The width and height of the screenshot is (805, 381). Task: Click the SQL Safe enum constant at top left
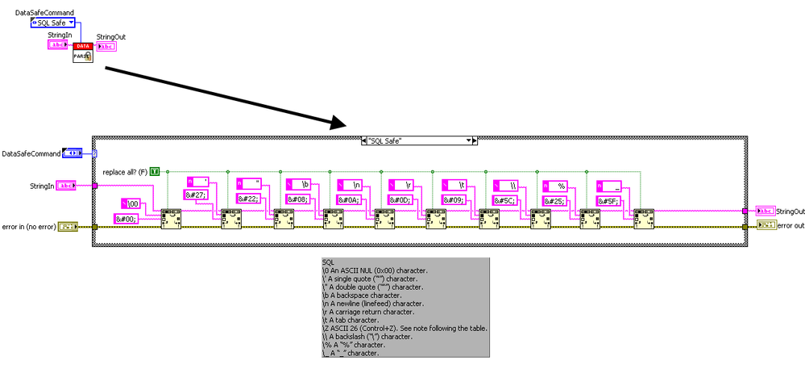point(52,23)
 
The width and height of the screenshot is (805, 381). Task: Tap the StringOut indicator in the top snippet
point(106,47)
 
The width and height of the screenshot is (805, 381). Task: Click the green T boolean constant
point(155,171)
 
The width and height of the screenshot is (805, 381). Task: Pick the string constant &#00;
point(128,218)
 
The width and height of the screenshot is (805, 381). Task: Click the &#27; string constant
point(197,196)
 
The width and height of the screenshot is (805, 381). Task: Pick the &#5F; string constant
point(608,200)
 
